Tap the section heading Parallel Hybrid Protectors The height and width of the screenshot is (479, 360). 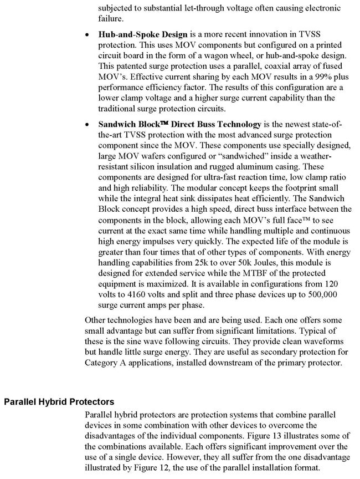tap(59, 401)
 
